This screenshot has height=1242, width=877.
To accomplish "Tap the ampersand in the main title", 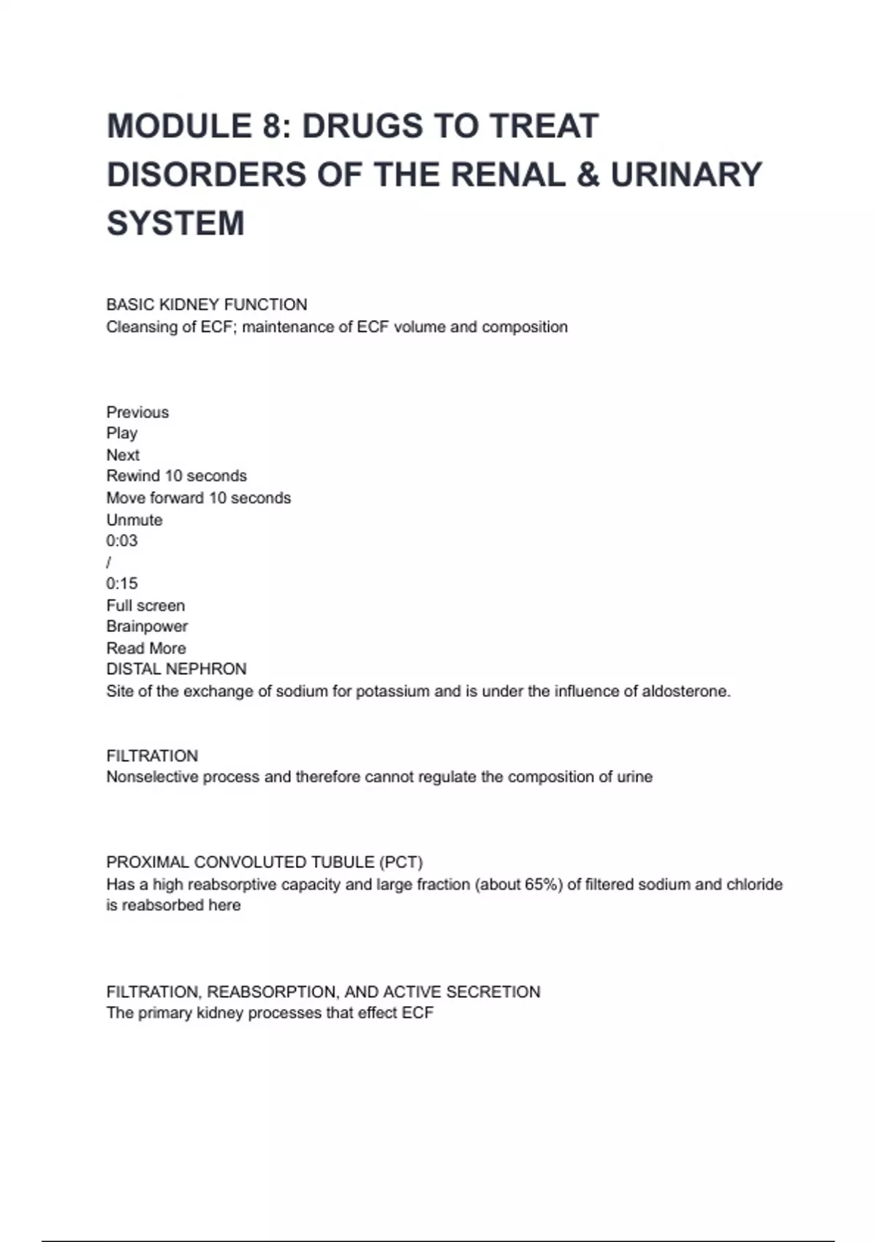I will pyautogui.click(x=588, y=175).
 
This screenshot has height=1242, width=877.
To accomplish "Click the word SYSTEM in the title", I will pyautogui.click(x=175, y=224).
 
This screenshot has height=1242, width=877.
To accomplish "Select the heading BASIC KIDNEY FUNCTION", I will pyautogui.click(x=207, y=305).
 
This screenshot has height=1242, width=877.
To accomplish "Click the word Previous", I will pyautogui.click(x=137, y=413).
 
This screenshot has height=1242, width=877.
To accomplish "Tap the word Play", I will pyautogui.click(x=122, y=434).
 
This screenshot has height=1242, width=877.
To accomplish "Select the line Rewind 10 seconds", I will pyautogui.click(x=177, y=476).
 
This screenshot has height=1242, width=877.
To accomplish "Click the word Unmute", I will pyautogui.click(x=134, y=520).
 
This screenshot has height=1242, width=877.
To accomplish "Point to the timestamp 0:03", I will pyautogui.click(x=122, y=541).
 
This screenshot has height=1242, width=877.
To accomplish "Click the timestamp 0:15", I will pyautogui.click(x=122, y=584).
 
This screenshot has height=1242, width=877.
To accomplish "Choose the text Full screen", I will pyautogui.click(x=145, y=606).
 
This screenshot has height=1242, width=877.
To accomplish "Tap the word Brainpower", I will pyautogui.click(x=147, y=627).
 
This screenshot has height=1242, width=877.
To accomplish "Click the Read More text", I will pyautogui.click(x=146, y=649).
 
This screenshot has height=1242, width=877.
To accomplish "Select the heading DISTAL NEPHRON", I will pyautogui.click(x=176, y=669).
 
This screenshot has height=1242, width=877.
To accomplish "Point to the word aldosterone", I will pyautogui.click(x=686, y=692).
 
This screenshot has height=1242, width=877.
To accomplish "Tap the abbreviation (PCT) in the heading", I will pyautogui.click(x=400, y=863).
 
